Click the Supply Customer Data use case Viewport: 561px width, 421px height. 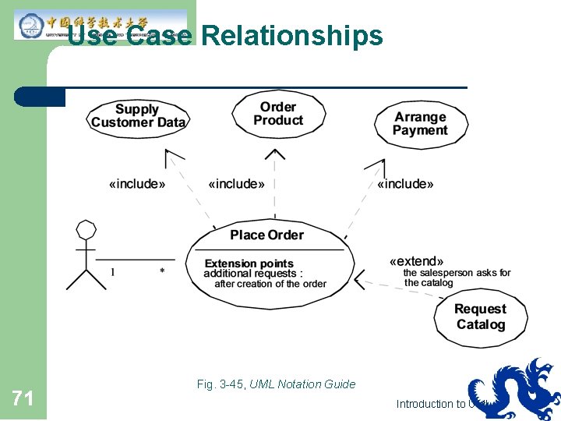point(138,116)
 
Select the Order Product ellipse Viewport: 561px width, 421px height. point(278,114)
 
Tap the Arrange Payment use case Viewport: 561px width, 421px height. point(420,124)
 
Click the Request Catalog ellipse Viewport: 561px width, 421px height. point(480,317)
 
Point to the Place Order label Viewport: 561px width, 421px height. point(266,235)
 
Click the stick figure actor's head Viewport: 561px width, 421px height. point(86,230)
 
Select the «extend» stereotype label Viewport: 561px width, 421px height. point(417,261)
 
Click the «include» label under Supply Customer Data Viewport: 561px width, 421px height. point(136,184)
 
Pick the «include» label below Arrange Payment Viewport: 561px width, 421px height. point(405,184)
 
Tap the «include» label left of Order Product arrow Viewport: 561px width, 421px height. point(236,184)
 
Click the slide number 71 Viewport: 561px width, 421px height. point(23,400)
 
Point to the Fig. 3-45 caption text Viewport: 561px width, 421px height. point(276,384)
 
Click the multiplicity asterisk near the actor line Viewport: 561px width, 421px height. point(162,271)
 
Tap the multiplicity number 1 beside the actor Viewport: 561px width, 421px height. point(113,271)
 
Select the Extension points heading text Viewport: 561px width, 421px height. point(249,264)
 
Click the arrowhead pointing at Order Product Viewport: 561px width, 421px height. point(275,154)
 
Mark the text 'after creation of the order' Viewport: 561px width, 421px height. point(270,284)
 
